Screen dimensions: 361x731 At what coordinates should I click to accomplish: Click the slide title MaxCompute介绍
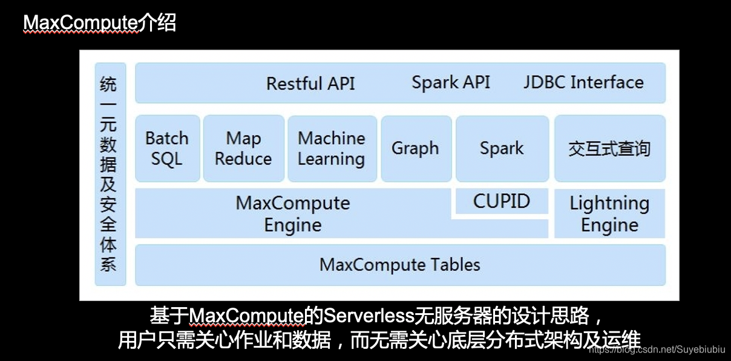(99, 23)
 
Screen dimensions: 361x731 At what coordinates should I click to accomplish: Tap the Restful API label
(310, 83)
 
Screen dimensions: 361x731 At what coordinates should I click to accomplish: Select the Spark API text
(451, 82)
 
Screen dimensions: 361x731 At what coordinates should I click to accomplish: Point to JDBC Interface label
(583, 82)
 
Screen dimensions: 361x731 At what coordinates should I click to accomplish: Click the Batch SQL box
(167, 148)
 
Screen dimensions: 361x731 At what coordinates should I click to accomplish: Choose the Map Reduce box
(243, 148)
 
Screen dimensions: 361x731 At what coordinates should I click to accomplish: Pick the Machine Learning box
(332, 148)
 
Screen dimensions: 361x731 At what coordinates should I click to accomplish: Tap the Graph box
(415, 148)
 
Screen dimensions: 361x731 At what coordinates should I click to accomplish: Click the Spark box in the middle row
(502, 148)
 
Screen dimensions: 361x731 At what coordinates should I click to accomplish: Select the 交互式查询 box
(609, 148)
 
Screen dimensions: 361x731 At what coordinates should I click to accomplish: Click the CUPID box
(502, 201)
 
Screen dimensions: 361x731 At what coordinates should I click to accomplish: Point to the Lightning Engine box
(609, 214)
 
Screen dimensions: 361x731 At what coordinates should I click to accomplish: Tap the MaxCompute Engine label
(293, 214)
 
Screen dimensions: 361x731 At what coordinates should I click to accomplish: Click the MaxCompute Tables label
(399, 265)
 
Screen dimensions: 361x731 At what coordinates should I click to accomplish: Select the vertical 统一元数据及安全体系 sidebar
(110, 174)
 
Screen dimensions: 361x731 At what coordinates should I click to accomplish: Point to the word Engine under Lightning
(609, 225)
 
